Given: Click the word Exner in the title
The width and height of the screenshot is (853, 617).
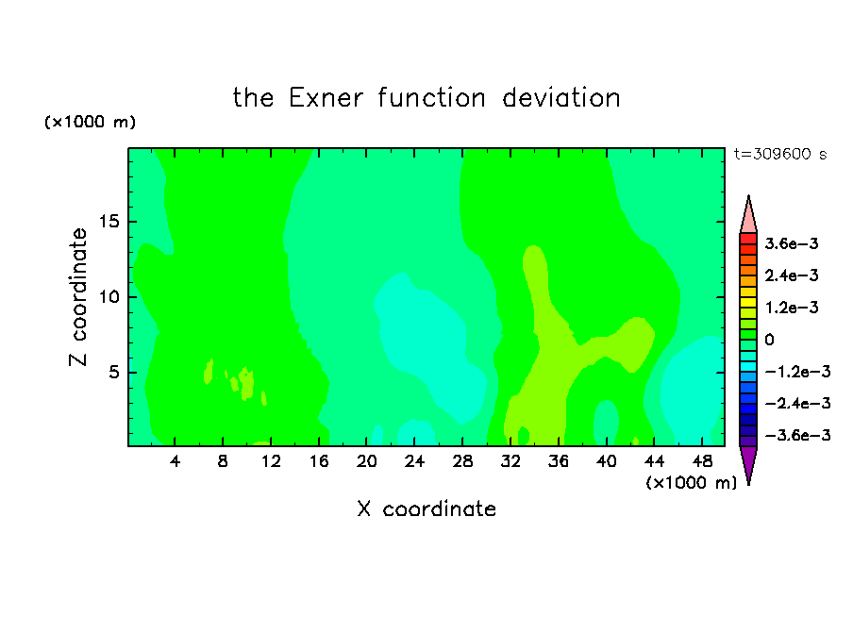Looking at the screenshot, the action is (326, 98).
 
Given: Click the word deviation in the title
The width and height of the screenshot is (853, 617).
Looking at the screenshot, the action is (560, 98).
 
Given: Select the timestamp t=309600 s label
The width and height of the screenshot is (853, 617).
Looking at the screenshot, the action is (780, 154).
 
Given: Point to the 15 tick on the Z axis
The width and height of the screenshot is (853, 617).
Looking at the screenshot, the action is (109, 222).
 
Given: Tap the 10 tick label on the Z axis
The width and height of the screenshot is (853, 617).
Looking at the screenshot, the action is (109, 297).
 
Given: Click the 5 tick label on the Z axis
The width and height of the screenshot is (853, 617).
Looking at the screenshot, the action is (113, 373).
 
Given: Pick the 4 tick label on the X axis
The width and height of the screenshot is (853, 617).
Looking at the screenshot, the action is (175, 461).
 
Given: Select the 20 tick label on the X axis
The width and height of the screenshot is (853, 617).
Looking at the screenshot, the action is (366, 461).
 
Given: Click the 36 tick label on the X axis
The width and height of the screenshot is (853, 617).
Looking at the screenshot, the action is (559, 461).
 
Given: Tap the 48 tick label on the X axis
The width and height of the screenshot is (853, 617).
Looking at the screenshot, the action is (702, 461).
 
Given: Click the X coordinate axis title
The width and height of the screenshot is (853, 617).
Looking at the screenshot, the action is (426, 509).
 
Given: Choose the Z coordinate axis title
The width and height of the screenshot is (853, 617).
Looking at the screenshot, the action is (78, 297).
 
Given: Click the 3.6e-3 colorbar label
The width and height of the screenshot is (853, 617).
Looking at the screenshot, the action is (792, 243).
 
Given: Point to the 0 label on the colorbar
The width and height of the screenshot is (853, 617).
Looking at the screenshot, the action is (769, 340).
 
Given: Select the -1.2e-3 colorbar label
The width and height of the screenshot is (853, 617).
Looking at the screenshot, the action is (797, 372).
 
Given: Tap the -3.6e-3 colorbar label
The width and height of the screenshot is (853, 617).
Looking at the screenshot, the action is (797, 435).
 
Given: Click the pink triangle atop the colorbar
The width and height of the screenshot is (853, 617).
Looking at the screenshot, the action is (748, 218).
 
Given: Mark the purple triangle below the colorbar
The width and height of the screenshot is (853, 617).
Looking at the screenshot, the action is (748, 461).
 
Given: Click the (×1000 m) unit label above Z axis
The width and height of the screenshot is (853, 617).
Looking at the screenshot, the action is (90, 122).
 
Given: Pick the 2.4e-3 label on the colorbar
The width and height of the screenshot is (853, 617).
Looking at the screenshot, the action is (792, 275).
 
